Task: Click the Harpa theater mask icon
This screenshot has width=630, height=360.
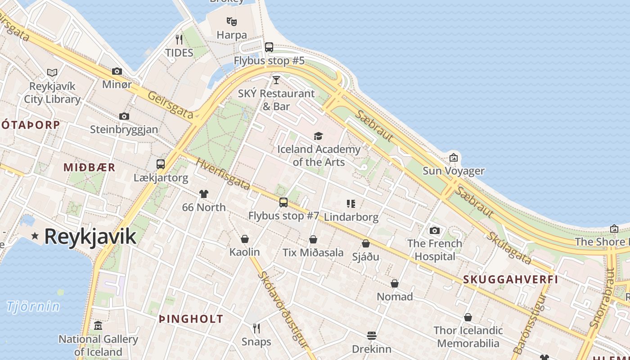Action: click(x=232, y=21)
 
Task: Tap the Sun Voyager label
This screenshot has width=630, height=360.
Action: click(x=453, y=171)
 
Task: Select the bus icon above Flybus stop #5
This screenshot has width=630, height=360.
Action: click(x=269, y=47)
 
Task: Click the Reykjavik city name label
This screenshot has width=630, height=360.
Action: click(x=90, y=236)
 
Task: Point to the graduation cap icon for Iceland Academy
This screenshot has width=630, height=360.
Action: click(x=319, y=136)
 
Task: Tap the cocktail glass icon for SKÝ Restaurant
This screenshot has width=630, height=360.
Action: click(x=276, y=80)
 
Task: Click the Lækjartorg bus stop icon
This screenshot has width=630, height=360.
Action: click(x=161, y=164)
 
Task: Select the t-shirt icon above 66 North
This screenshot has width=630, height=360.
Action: click(x=204, y=194)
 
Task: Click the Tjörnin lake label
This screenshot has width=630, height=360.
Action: click(x=33, y=306)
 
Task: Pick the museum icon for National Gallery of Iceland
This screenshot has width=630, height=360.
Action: click(x=98, y=326)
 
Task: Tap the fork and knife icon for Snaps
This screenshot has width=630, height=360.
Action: click(x=256, y=328)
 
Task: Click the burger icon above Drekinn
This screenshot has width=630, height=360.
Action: click(x=372, y=335)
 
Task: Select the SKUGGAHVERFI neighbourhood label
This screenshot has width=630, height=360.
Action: click(x=511, y=279)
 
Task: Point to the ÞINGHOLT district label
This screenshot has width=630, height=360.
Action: click(x=191, y=319)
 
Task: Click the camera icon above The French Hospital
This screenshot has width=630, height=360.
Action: click(x=435, y=230)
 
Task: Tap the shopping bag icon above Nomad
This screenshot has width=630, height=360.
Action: click(x=395, y=283)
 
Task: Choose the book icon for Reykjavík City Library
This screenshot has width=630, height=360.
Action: click(x=52, y=72)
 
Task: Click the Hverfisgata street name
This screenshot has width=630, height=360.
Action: click(x=223, y=174)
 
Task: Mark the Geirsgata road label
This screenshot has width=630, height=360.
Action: click(x=171, y=105)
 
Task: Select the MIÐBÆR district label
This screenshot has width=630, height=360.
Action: click(x=90, y=167)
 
